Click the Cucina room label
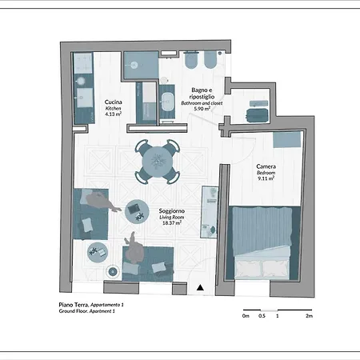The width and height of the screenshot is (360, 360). [114, 102]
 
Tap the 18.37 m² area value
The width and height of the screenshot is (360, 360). [172, 222]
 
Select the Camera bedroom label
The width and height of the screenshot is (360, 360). [266, 166]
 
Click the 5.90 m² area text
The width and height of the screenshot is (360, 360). [202, 109]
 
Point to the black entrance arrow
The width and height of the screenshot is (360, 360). [200, 287]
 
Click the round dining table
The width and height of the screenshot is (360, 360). [158, 162]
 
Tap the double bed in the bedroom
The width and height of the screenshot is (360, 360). [262, 242]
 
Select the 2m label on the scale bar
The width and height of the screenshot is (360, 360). [309, 316]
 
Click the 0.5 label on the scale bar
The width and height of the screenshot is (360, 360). [262, 316]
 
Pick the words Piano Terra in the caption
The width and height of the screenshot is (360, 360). [74, 305]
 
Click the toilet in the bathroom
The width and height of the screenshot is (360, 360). [191, 60]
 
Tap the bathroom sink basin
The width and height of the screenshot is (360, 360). [167, 102]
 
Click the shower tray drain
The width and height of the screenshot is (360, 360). [134, 65]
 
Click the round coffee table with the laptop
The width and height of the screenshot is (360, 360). [137, 212]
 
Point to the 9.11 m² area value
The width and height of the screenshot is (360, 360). [266, 178]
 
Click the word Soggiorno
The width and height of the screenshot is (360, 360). [172, 211]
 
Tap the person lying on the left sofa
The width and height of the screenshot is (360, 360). [102, 202]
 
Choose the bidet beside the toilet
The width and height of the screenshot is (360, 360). [210, 60]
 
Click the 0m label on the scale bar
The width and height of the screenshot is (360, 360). [246, 316]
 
